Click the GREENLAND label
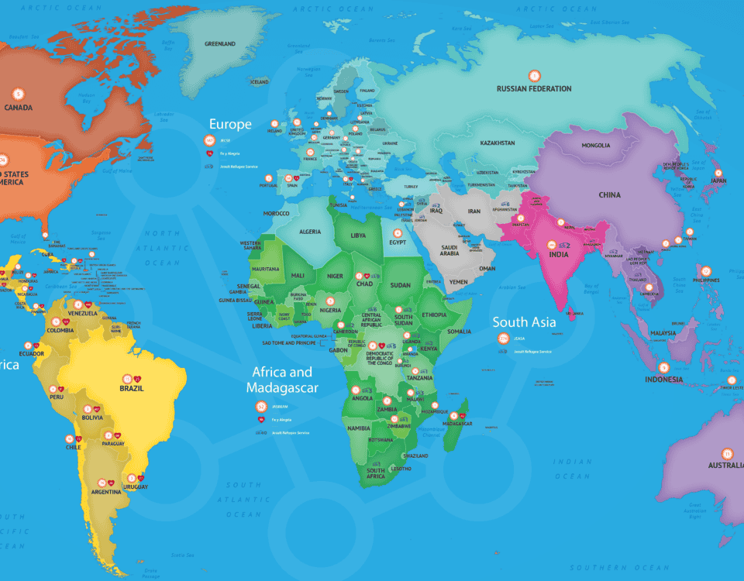point(220,44)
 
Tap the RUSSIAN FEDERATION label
point(534,89)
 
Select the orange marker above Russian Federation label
point(534,75)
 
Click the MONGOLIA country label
point(595,146)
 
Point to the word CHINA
point(609,195)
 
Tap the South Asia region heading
point(524,322)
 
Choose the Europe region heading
point(230,124)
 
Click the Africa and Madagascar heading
point(282,380)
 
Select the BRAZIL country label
point(132,389)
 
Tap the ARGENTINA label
point(105,492)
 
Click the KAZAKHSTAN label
point(498,143)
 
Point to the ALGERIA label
point(310,232)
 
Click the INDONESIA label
point(664,380)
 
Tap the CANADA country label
point(19,108)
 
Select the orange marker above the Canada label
point(19,94)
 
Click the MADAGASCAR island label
point(456,424)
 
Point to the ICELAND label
point(259,82)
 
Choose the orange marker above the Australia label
point(727,453)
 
